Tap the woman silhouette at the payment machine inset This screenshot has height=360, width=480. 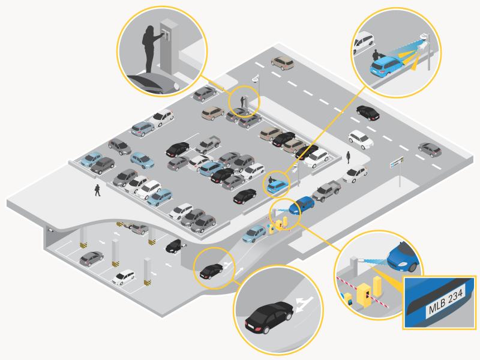point(151,49)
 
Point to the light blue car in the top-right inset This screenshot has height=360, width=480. point(386,67)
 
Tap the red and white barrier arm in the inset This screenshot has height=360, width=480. point(363,291)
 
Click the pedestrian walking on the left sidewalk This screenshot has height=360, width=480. point(97,190)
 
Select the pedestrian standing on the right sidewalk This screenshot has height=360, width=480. point(348,157)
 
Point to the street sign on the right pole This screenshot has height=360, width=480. point(397,161)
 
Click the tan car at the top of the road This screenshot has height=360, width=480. point(283,63)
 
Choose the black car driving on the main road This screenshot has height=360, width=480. point(368,113)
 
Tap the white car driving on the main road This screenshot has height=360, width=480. point(361,140)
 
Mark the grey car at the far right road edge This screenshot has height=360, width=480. point(430,149)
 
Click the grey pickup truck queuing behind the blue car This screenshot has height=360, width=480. point(326,191)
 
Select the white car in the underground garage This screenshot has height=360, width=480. point(124,277)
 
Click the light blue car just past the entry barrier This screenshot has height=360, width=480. point(254,233)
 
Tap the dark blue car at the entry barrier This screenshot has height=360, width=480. point(302,205)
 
